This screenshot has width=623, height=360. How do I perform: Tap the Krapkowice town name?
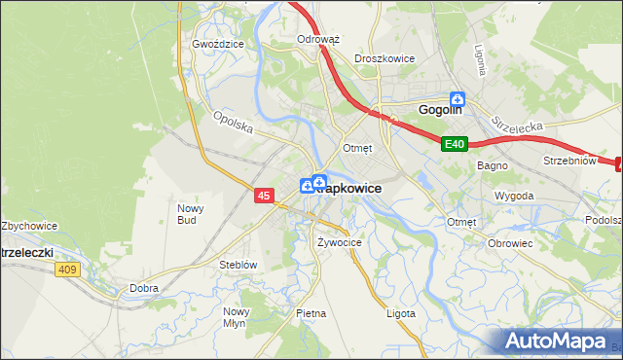(x=348, y=188)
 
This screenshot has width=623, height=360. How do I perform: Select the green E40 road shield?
(x=455, y=144)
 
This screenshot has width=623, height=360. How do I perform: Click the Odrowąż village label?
(x=317, y=40)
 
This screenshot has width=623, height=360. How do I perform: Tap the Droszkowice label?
(x=385, y=58)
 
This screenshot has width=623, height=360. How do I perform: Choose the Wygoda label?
(x=514, y=196)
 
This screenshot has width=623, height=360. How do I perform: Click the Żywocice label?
(x=340, y=241)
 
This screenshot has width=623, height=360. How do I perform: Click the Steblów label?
(x=238, y=265)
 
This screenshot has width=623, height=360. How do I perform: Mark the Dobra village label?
(x=144, y=288)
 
